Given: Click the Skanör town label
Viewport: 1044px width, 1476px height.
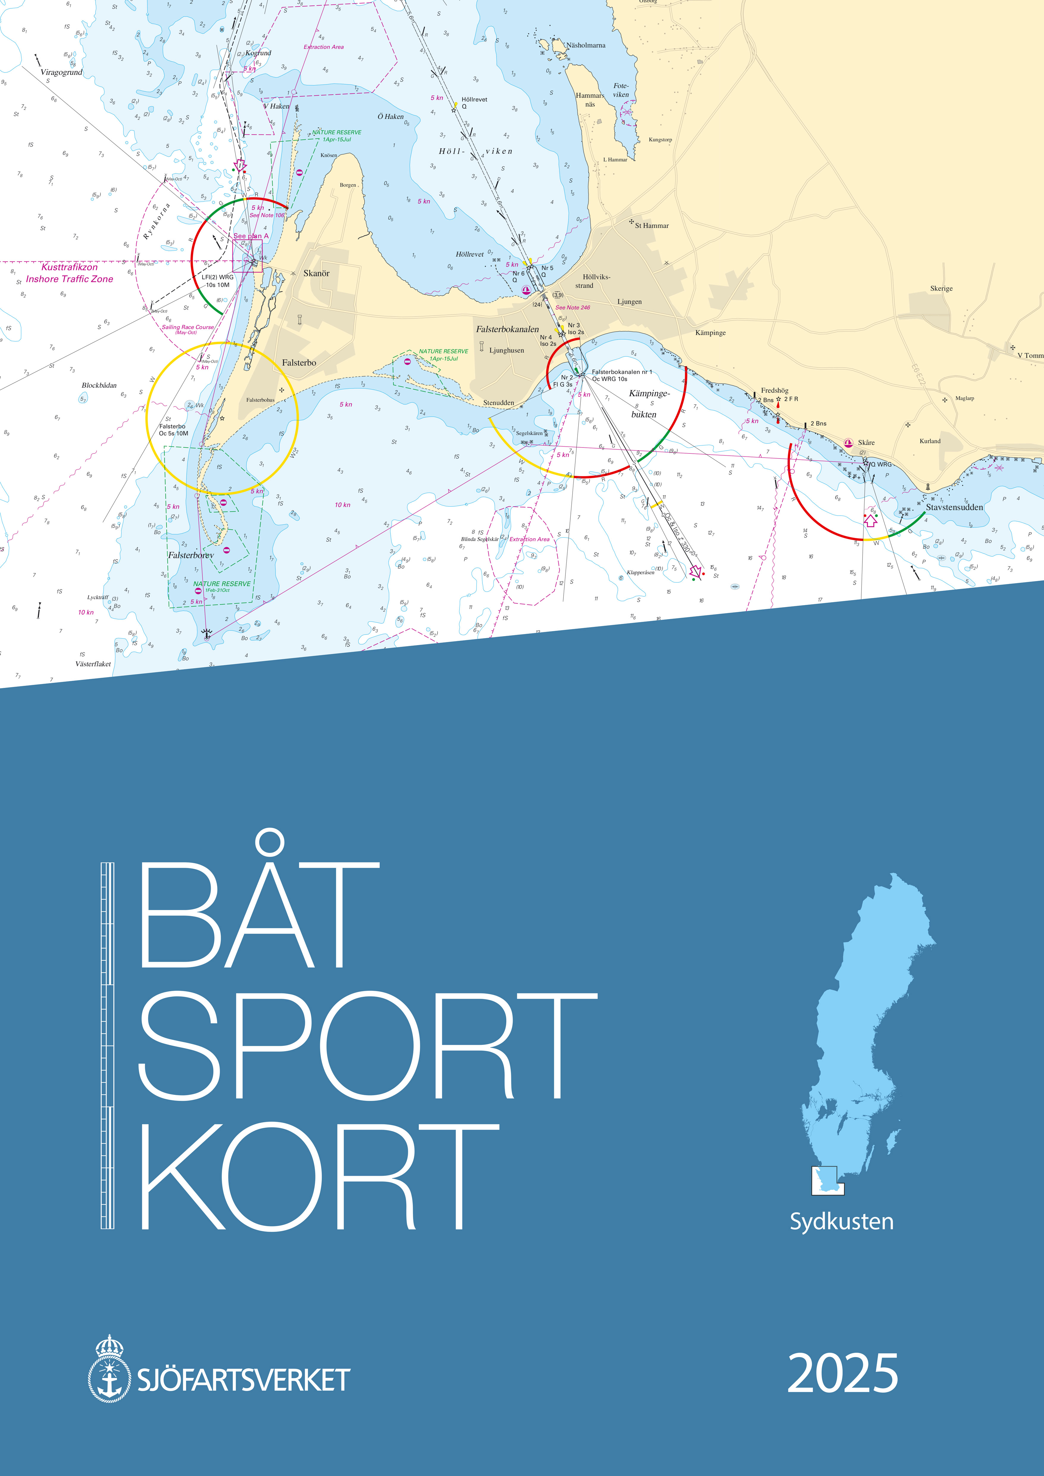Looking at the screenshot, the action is (316, 273).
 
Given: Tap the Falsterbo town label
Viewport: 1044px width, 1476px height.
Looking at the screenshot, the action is (299, 363).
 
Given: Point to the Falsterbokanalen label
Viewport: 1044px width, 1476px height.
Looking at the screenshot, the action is (507, 329).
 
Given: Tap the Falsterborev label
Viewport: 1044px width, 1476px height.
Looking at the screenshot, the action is (191, 555).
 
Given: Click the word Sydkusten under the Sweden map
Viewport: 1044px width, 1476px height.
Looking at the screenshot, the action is (842, 1221).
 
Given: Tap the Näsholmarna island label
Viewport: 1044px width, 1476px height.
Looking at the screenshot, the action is (585, 46).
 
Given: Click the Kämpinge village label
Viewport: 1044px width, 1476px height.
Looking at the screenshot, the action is (710, 333).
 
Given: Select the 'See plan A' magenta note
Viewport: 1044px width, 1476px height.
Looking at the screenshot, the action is (251, 236).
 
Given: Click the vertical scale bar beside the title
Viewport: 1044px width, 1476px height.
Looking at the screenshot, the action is (107, 1045).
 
